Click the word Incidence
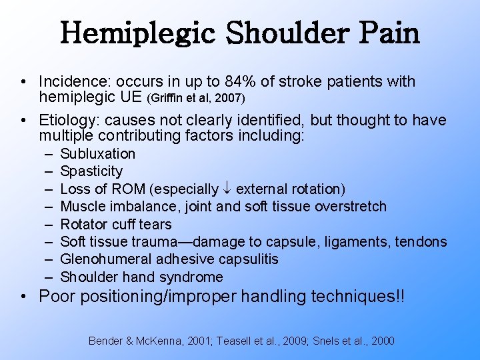73,82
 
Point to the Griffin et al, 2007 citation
191,99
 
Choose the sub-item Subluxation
98,154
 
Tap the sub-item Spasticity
91,171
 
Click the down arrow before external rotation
227,189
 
